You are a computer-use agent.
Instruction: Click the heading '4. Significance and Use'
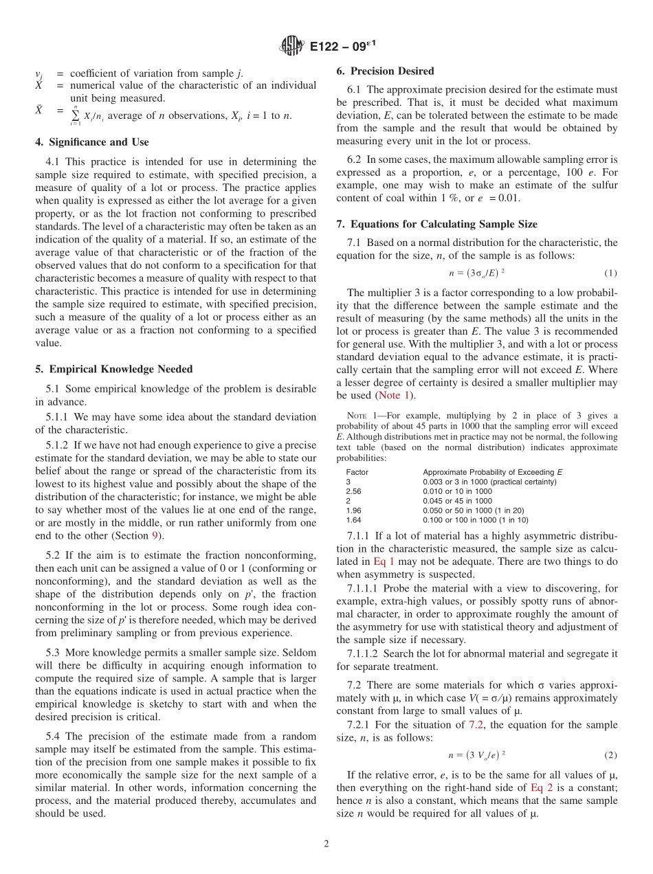click(91, 142)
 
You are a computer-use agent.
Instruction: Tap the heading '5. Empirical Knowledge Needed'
click(113, 369)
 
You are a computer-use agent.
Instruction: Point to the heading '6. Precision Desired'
click(385, 71)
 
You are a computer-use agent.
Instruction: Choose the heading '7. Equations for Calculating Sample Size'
click(436, 224)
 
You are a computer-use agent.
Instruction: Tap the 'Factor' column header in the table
click(357, 472)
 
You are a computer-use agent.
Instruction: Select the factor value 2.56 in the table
click(353, 491)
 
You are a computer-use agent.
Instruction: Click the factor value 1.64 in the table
click(353, 520)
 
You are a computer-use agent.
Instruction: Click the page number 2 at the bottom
click(326, 844)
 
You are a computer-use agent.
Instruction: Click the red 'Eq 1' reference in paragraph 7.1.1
click(384, 561)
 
